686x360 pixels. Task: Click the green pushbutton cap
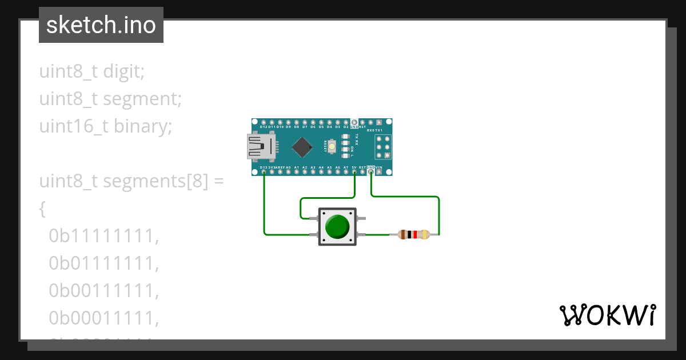tap(337, 227)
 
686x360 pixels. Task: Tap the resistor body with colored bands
tap(413, 234)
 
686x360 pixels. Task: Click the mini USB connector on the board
tap(261, 147)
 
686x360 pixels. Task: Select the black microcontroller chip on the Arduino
tap(302, 147)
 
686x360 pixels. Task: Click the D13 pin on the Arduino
tap(264, 171)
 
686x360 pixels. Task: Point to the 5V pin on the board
tap(354, 171)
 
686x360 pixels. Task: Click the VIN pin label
tap(379, 167)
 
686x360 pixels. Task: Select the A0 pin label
tap(288, 167)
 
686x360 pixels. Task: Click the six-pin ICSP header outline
tap(383, 147)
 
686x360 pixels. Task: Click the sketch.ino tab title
tap(101, 26)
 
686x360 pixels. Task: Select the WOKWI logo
tap(607, 315)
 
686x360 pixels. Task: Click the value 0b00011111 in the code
tap(103, 317)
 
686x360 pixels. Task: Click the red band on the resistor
tap(415, 234)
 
